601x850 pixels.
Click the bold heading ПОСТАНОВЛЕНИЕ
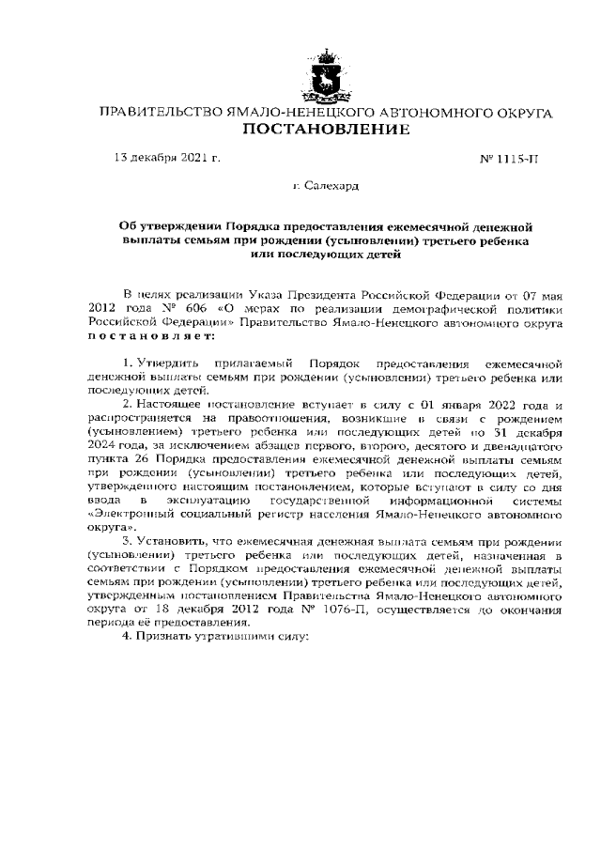[326, 129]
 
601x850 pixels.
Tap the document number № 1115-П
[507, 159]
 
